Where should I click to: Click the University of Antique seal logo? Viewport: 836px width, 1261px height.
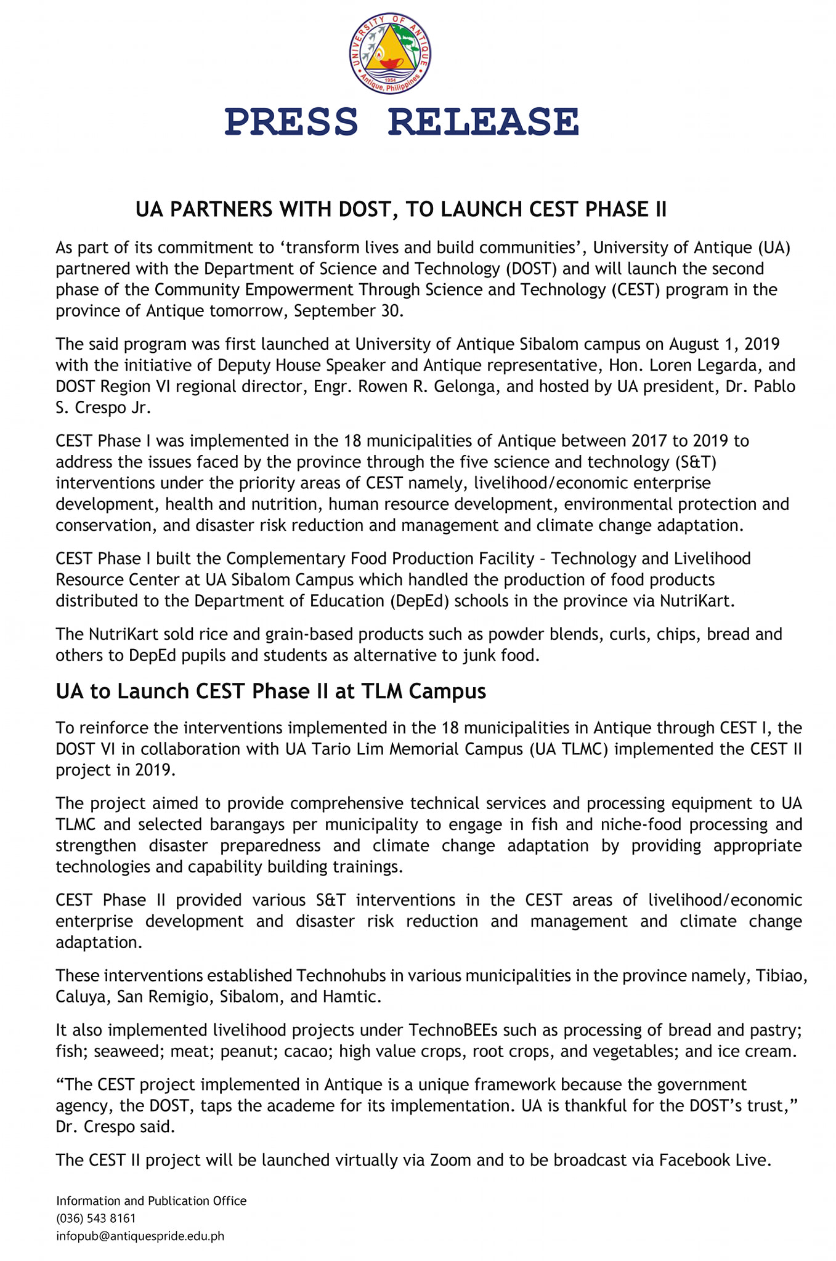point(390,54)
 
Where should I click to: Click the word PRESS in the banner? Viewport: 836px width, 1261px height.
point(291,121)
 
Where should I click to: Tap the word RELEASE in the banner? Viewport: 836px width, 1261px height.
point(484,121)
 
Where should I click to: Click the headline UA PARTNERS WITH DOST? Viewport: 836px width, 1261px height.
point(401,210)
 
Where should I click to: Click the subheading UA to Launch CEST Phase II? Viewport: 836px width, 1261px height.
point(270,691)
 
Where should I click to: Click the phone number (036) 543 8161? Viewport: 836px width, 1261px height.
point(96,1219)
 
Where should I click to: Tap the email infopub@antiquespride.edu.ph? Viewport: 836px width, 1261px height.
point(140,1236)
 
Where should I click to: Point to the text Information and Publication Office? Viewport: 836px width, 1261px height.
point(151,1201)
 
